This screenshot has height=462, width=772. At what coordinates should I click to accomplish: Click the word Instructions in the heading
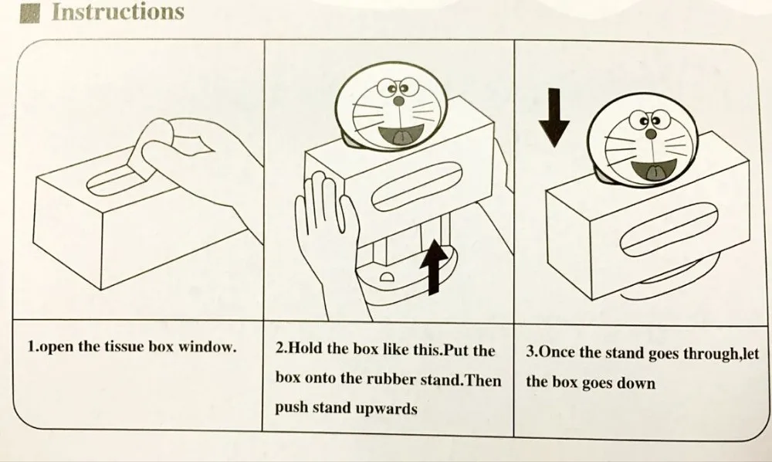point(118,12)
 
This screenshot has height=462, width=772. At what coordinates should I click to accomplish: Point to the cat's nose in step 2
point(398,100)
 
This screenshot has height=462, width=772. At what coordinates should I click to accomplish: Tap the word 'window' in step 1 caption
point(208,347)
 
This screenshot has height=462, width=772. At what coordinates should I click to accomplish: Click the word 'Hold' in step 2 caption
point(308,349)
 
